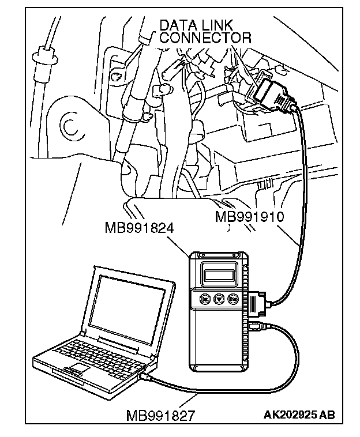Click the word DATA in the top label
pyautogui.click(x=177, y=25)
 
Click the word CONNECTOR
pyautogui.click(x=205, y=38)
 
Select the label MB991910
pyautogui.click(x=249, y=217)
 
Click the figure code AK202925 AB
pyautogui.click(x=299, y=415)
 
